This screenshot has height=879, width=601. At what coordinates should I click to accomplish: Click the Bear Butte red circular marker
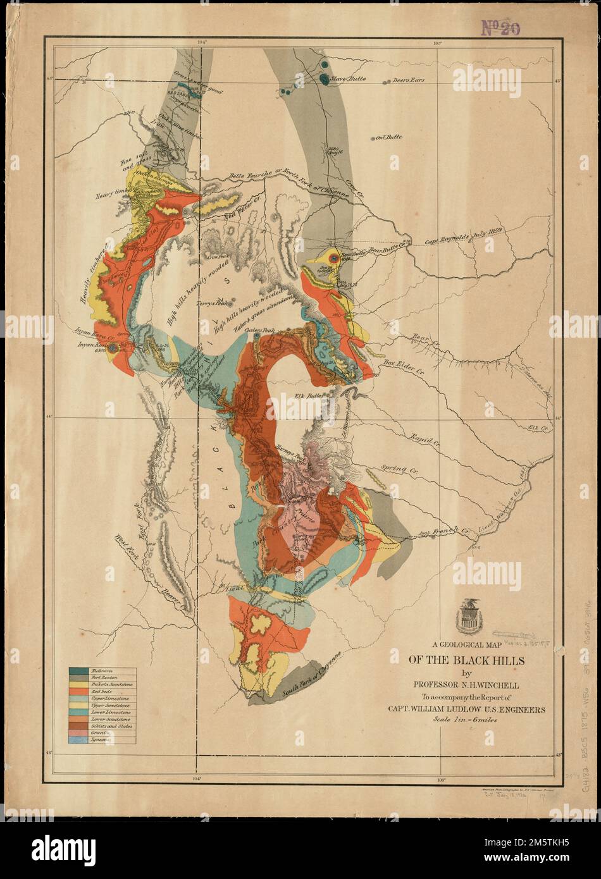click(x=331, y=257)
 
